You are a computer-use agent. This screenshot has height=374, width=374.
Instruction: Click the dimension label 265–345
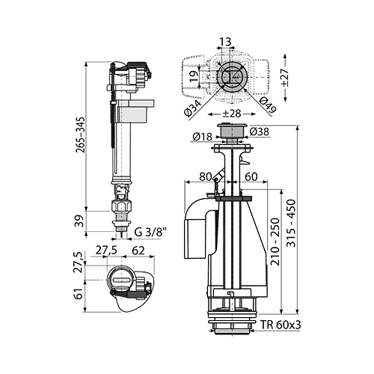tap(81, 135)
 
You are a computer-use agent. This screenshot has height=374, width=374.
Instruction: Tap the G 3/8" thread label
tap(150, 233)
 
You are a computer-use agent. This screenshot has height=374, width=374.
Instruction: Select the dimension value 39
tap(80, 221)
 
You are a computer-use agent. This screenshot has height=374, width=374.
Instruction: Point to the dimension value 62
tap(138, 251)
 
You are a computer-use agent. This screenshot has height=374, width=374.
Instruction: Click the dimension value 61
tap(79, 294)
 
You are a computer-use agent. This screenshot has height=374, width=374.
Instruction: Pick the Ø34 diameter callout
tap(193, 108)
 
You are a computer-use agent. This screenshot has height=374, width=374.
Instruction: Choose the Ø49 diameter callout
tap(267, 105)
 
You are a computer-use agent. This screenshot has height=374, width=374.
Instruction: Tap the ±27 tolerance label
tap(285, 77)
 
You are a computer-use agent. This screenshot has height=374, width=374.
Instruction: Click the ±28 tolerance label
tap(232, 114)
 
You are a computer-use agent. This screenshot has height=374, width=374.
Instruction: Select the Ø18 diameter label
tap(202, 136)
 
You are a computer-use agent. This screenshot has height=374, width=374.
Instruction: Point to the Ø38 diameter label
tap(260, 131)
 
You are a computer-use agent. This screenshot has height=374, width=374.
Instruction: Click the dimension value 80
tap(206, 177)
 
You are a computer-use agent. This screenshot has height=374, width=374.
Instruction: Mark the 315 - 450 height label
tap(291, 223)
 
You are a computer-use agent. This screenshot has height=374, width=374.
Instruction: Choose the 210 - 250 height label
tap(275, 242)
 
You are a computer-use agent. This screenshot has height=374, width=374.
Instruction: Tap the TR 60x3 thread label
tap(281, 325)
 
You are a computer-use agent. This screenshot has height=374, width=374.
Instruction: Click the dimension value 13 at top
tap(226, 42)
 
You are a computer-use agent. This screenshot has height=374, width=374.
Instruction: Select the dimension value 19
tap(194, 76)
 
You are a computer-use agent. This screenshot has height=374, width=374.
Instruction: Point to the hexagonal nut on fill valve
tap(121, 206)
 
